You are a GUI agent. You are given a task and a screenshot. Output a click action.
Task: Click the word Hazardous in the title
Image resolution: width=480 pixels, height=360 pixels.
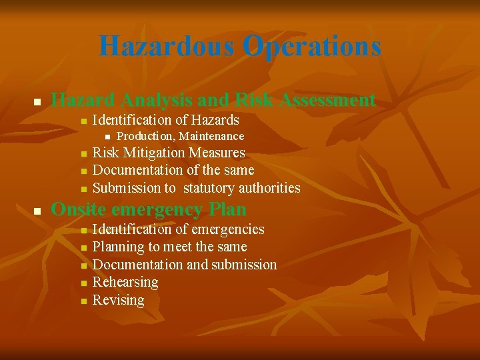167,47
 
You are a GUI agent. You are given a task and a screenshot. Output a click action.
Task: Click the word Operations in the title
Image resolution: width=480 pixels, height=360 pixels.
312,47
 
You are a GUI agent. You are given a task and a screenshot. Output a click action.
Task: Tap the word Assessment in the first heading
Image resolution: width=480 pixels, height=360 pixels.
328,100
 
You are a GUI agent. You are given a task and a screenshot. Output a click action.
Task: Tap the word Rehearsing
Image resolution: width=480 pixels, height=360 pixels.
125,282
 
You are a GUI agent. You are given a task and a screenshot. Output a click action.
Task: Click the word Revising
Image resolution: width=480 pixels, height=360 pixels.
118,300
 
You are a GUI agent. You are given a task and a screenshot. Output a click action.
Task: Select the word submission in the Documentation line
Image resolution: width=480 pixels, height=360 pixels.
243,265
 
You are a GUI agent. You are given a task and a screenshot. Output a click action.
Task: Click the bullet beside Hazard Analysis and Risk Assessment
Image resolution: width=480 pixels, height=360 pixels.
38,102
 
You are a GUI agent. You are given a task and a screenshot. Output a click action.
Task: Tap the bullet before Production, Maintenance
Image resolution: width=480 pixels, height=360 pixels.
107,137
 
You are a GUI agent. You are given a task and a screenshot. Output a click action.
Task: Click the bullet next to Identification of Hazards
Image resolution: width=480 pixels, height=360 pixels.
83,121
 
